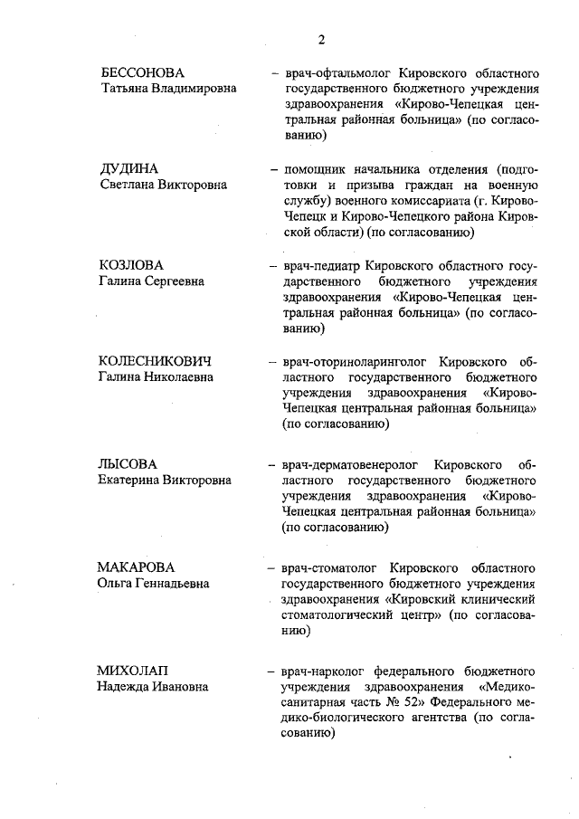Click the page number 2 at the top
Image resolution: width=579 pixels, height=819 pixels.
[x=322, y=39]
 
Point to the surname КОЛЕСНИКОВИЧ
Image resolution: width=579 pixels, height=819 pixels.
[x=161, y=362]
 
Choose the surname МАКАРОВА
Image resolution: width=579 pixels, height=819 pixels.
[x=136, y=567]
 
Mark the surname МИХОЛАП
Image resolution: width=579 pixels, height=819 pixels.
[x=136, y=671]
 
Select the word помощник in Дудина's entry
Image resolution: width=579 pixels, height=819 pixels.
[x=322, y=169]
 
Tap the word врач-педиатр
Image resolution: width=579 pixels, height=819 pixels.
[x=324, y=266]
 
